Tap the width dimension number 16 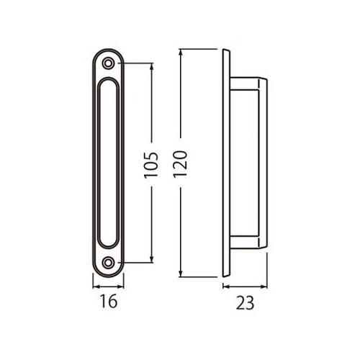108,302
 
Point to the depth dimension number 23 245,303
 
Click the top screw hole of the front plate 108,63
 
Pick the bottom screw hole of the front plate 108,263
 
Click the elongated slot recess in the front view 108,163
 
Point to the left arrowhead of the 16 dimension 95,287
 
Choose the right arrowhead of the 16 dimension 122,287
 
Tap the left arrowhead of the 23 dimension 224,287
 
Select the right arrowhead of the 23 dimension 266,287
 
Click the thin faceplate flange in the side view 226,163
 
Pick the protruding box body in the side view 248,163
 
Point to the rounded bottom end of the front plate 108,274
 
